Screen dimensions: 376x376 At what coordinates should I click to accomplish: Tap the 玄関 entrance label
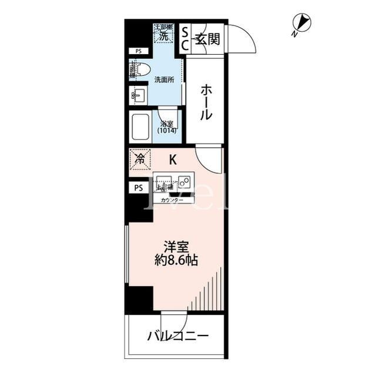207,40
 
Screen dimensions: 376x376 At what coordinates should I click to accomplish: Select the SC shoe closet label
184,38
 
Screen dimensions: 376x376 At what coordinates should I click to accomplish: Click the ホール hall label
206,102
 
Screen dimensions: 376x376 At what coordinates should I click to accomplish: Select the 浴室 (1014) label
167,127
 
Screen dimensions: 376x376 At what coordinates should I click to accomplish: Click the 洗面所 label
164,80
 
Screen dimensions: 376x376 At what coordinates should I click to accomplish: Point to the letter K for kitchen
173,159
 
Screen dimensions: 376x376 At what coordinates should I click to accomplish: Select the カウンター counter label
172,201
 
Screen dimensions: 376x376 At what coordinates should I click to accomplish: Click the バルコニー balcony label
177,337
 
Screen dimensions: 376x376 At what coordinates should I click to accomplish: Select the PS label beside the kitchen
139,188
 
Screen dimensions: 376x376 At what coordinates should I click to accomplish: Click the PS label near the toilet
139,51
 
